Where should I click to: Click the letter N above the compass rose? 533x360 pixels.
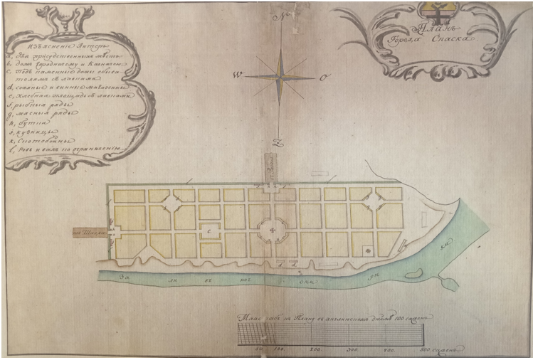point(283,16)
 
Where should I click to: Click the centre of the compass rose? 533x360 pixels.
point(283,76)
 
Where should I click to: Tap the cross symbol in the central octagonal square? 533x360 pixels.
point(273,230)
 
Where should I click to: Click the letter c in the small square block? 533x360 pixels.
point(209,231)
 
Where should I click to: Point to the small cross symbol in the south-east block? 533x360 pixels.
point(367,249)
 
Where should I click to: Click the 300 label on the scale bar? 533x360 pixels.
point(352,351)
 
